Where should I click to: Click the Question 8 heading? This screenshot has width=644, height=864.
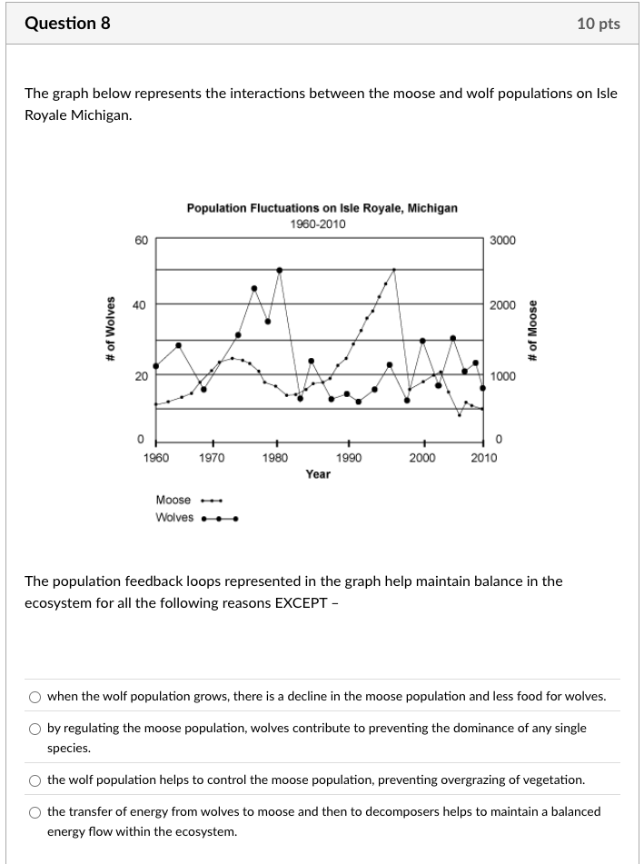pos(67,24)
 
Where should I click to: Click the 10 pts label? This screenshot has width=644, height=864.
pos(598,24)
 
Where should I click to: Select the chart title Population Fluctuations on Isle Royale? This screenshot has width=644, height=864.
pos(322,208)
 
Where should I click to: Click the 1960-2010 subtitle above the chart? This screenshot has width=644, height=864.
pos(318,224)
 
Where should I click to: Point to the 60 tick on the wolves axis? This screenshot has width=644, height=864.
pos(140,240)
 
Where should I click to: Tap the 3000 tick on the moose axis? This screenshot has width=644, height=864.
pos(502,240)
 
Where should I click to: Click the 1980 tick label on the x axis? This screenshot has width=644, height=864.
pos(275,458)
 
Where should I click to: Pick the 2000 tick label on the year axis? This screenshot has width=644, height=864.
pos(421,458)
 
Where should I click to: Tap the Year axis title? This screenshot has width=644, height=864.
pos(318,474)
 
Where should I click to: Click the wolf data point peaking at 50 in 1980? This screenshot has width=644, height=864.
pos(279,270)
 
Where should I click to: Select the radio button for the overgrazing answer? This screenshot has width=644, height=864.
pos(35,780)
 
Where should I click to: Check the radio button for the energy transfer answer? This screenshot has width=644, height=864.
pos(35,812)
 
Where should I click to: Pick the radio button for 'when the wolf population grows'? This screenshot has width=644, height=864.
pos(35,697)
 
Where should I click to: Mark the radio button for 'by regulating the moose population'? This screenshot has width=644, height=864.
pos(35,729)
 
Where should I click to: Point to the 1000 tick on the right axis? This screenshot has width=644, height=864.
pos(502,376)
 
